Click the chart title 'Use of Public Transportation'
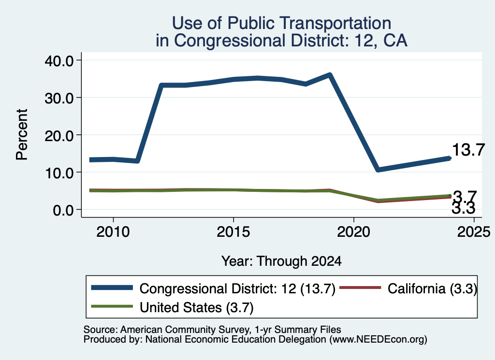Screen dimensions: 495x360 (x=281, y=23)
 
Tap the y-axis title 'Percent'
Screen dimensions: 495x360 (x=22, y=134)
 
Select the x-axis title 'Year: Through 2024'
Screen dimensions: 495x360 (x=281, y=261)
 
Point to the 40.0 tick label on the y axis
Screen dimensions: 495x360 (x=59, y=60)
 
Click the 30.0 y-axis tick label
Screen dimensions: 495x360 (x=59, y=98)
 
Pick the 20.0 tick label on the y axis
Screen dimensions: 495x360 (x=59, y=135)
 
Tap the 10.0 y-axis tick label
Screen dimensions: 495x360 (x=59, y=173)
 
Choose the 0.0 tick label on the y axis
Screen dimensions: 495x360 (x=63, y=210)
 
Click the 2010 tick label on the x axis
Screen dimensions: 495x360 (x=113, y=232)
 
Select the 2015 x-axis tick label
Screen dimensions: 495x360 (x=233, y=232)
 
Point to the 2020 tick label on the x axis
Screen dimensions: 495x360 (x=353, y=232)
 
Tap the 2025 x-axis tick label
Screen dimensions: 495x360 (x=474, y=232)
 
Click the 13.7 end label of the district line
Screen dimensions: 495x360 (x=468, y=149)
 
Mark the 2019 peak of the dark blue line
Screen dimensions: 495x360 (x=330, y=75)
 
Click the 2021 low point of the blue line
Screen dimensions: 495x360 (x=378, y=170)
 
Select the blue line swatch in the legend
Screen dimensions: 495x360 (x=112, y=288)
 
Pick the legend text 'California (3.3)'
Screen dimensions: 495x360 (x=432, y=288)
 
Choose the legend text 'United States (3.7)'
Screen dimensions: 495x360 (x=197, y=307)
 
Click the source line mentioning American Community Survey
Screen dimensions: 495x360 (x=212, y=330)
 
